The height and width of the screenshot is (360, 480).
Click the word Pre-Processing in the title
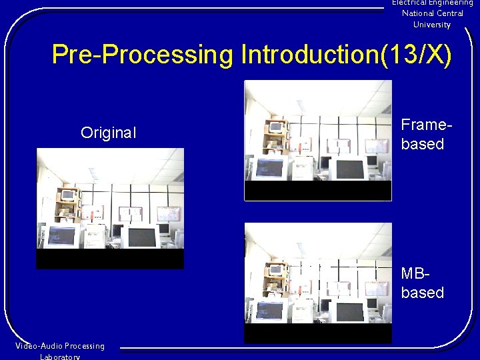[x=143, y=55]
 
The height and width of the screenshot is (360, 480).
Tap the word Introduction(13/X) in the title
[x=346, y=55]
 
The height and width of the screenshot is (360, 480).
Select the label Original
[x=108, y=133]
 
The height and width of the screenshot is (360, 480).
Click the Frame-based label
[x=422, y=134]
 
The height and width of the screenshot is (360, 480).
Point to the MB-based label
[x=422, y=283]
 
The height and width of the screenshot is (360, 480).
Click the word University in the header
[x=432, y=25]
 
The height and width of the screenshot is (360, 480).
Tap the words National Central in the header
[x=432, y=13]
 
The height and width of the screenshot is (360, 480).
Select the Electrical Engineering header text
[x=432, y=3]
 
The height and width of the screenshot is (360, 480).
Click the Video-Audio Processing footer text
[x=60, y=346]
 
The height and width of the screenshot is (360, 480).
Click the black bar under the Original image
[x=110, y=259]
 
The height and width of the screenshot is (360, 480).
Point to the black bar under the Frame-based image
[x=318, y=190]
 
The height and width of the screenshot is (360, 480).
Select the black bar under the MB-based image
[x=318, y=333]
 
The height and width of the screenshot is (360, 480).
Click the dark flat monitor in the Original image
[x=142, y=237]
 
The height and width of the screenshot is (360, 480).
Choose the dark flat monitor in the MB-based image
[x=350, y=311]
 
